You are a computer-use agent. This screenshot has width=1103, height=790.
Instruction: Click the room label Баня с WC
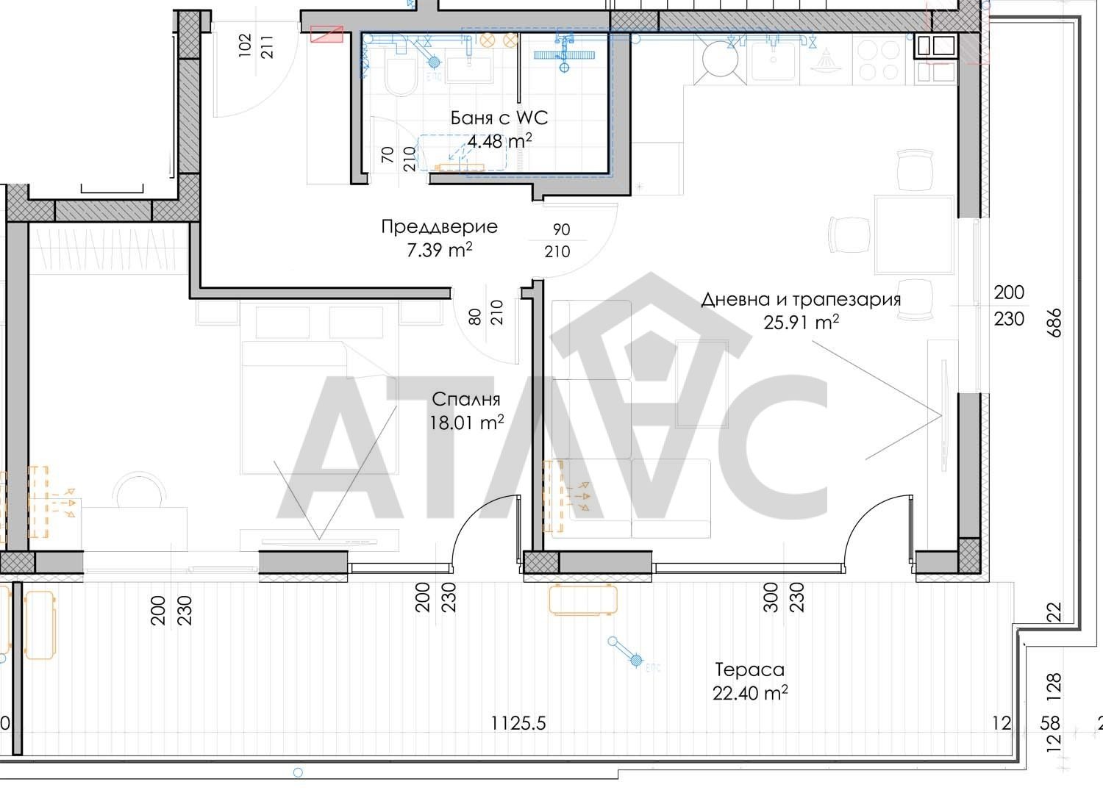tap(499, 118)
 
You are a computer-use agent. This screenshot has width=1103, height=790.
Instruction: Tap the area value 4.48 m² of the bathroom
tap(499, 141)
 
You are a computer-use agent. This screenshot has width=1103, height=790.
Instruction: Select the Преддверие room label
tap(439, 227)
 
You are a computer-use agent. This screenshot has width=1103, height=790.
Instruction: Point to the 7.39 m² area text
tap(439, 250)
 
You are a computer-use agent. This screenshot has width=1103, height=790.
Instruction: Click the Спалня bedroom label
tap(465, 399)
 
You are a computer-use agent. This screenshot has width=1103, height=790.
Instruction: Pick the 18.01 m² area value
tap(467, 423)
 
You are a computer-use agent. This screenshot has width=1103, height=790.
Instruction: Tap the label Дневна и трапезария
tap(801, 299)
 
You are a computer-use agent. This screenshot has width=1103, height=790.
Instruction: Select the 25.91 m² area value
tap(802, 323)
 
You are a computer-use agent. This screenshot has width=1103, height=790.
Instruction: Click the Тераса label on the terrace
tap(749, 669)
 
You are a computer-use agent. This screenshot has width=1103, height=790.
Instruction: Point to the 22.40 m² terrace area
tap(750, 693)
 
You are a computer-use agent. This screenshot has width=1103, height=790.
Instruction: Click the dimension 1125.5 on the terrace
tap(518, 724)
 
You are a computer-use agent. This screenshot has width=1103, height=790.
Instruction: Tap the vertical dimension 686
tap(1054, 323)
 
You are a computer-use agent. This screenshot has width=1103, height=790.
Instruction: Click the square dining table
tap(914, 234)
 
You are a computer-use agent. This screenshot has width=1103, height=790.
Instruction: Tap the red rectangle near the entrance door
tap(327, 35)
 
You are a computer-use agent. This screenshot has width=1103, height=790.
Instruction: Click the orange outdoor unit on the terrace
tap(583, 599)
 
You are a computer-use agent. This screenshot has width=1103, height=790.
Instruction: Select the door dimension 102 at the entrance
tap(245, 46)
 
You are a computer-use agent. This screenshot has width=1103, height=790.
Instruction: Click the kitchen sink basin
tap(773, 61)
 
